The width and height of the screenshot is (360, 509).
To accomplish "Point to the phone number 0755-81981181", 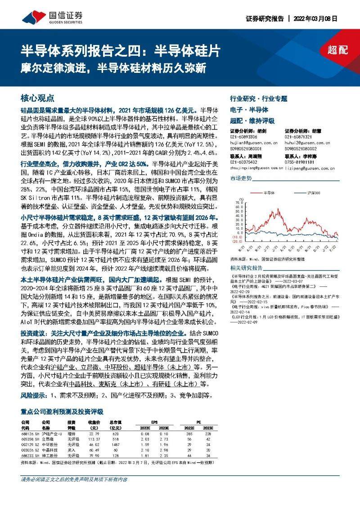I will pos(299,161).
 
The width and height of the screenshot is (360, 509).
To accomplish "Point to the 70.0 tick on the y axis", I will pos(237,202).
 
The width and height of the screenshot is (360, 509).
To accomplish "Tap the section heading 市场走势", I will pos(241,179).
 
